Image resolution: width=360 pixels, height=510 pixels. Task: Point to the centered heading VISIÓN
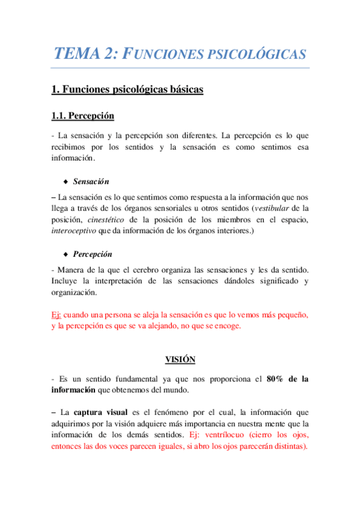pos(180,359)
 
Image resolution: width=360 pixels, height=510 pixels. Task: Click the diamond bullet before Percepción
pos(65,254)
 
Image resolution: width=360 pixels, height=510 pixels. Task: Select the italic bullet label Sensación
pos(91,181)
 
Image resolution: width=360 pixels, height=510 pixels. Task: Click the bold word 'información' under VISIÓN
pos(74,391)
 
